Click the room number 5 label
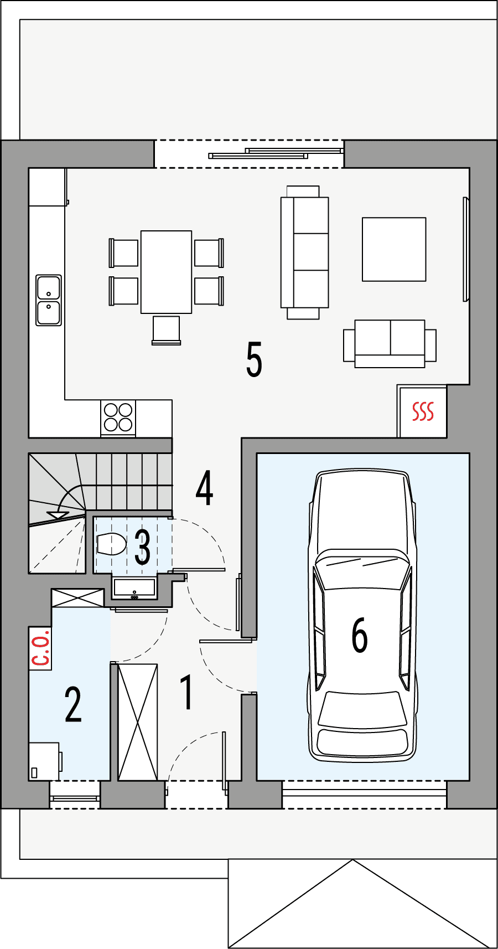coord(254,360)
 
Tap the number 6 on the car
coord(360,635)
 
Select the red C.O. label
coord(40,649)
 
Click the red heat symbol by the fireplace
coord(423,411)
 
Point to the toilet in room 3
coord(111,544)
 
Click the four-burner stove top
coord(118,417)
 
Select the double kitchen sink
coord(49,300)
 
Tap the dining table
coord(166,272)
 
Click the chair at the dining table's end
coord(166,330)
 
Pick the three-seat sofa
coord(305,252)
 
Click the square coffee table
coord(394,249)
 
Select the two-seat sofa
coord(390,343)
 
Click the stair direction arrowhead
coord(58,515)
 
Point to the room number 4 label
coord(205,488)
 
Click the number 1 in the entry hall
coord(187,692)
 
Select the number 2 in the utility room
coord(73,704)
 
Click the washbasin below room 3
coord(134,589)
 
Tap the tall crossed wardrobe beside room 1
coord(138,722)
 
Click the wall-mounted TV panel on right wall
coord(466,249)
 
